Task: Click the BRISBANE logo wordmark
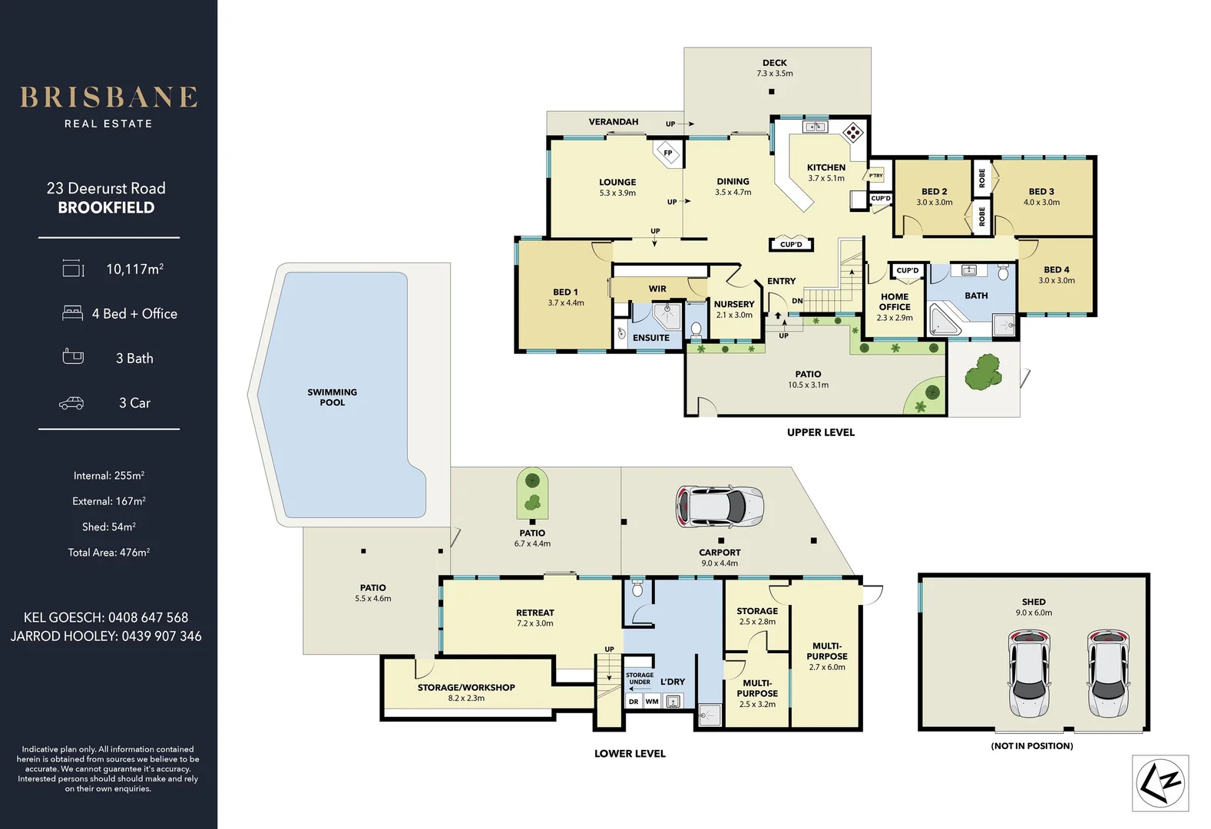pos(108,97)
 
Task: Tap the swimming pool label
pos(332,397)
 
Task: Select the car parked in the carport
pos(720,507)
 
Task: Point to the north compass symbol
pos(1160,783)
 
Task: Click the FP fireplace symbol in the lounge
pos(667,152)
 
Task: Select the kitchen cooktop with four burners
pos(852,133)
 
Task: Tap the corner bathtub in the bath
pos(945,320)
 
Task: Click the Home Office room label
pos(895,301)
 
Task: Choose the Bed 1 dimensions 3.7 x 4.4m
pos(566,303)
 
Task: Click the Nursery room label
pos(734,304)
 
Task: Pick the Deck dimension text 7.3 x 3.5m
pos(774,74)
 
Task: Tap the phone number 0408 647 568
pos(147,617)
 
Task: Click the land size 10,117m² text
pos(134,269)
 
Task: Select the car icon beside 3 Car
pos(71,403)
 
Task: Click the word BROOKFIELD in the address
pos(106,208)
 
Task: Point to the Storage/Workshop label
pos(466,687)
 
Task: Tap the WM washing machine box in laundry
pos(652,701)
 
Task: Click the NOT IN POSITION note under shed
pos(1031,745)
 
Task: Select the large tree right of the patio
pos(983,372)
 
